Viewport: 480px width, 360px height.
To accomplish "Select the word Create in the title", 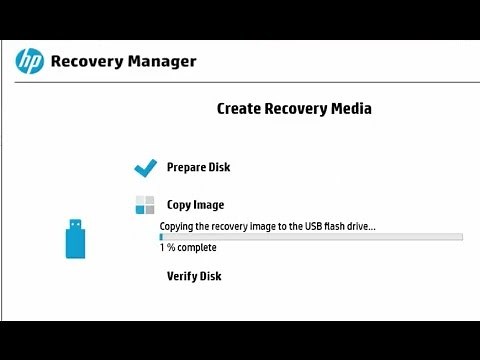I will pyautogui.click(x=239, y=108).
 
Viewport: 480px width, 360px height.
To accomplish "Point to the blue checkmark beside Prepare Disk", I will pyautogui.click(x=146, y=166).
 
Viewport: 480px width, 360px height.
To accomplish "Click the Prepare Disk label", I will pyautogui.click(x=198, y=167).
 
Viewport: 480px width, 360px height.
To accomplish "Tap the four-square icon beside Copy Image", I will pyautogui.click(x=146, y=205).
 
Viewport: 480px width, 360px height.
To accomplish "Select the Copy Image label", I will pyautogui.click(x=195, y=205).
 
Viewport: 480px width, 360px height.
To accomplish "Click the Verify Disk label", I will pyautogui.click(x=194, y=276).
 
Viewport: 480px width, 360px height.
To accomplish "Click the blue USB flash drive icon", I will pyautogui.click(x=76, y=237).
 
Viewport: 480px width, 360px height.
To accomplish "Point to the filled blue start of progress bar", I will pyautogui.click(x=162, y=236).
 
